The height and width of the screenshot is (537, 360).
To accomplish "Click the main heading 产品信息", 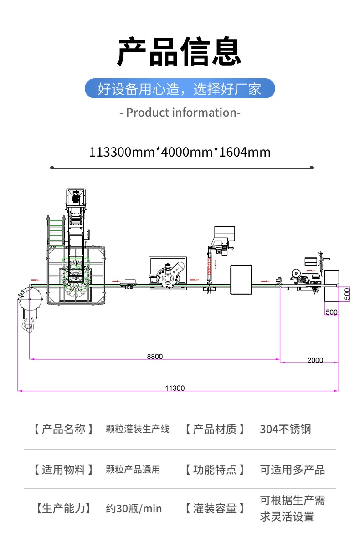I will (180, 51).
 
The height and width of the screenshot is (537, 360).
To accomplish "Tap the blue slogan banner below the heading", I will (180, 88).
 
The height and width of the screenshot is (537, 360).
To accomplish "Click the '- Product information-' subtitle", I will (180, 113).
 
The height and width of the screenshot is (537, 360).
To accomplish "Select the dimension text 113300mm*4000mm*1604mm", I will (180, 152).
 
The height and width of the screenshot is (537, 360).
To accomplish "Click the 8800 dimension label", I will (154, 356).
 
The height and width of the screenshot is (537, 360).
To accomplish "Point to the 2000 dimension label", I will (315, 360).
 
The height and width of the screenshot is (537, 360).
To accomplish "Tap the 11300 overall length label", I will (175, 388).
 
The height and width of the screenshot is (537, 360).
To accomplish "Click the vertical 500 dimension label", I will (347, 294).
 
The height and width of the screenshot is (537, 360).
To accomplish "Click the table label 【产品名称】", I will (63, 429).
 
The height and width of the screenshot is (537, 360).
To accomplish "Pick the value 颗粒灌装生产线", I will (137, 429).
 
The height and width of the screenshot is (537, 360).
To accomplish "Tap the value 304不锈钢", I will (285, 429).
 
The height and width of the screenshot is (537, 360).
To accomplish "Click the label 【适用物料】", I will (63, 470).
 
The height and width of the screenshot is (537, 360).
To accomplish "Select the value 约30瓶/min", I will (134, 509).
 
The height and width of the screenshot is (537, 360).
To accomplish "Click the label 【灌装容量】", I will (215, 509).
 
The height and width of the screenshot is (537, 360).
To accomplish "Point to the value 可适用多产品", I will (292, 470).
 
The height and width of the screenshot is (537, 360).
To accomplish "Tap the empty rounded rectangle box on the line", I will (241, 279).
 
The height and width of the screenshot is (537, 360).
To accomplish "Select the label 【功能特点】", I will (215, 470).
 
